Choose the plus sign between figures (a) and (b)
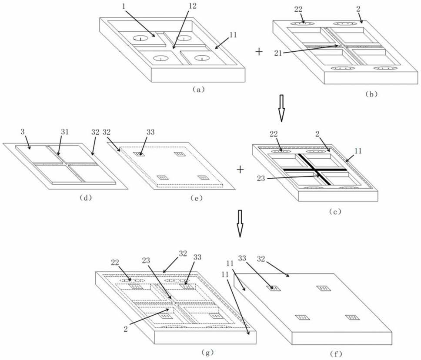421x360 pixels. click(259, 51)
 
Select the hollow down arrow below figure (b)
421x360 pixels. click(281, 112)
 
